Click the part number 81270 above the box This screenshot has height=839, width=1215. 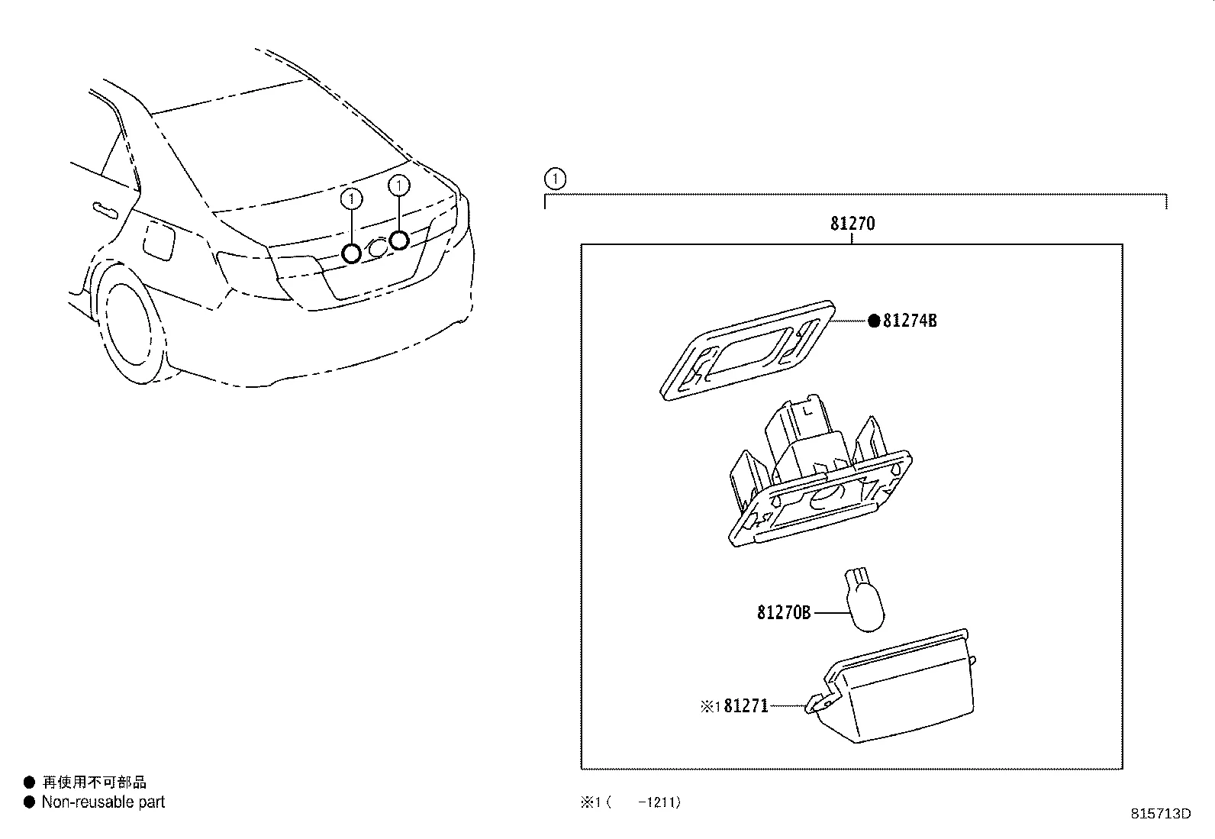852,224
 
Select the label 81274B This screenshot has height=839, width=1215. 910,321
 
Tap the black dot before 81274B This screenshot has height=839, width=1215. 874,321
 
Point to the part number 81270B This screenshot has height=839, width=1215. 784,612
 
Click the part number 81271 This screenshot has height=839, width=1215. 746,707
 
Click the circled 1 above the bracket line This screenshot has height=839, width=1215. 556,180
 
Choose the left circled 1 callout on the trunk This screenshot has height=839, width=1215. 351,199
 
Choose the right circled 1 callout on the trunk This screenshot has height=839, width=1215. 398,186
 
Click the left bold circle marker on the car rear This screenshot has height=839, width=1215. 351,253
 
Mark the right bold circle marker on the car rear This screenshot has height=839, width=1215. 398,240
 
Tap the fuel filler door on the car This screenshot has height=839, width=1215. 161,240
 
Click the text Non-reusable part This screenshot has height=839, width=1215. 103,802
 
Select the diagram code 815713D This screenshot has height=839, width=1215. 1160,814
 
